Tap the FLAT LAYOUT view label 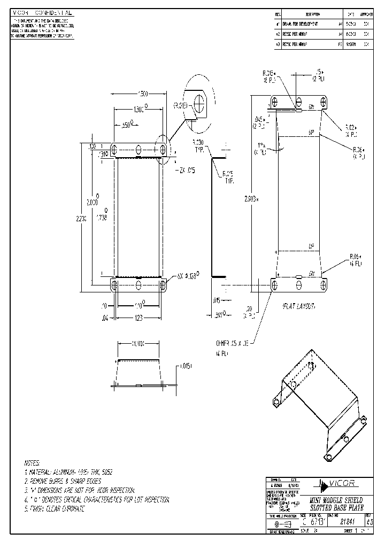click(298, 307)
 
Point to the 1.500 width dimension click(143, 94)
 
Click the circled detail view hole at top click(199, 102)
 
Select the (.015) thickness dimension click(184, 367)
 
